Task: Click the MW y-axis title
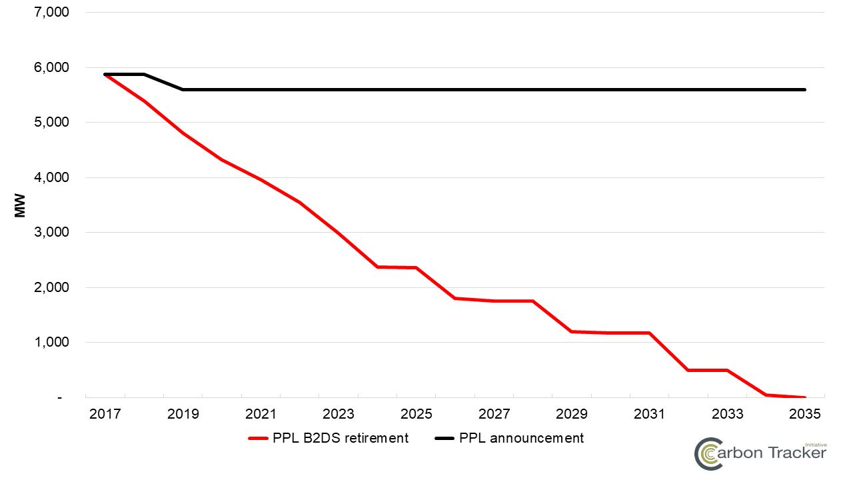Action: click(20, 205)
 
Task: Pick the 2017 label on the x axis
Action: click(105, 414)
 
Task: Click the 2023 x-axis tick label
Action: click(339, 414)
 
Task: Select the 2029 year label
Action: click(572, 414)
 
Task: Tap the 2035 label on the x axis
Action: click(805, 414)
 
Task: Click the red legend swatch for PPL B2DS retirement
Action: click(258, 439)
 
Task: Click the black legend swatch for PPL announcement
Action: click(444, 439)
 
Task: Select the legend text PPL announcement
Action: click(521, 438)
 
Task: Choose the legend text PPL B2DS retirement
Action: click(340, 438)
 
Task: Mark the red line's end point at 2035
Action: click(805, 397)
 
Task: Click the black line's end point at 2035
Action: click(805, 89)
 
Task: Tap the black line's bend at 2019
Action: click(183, 89)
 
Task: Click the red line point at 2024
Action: click(377, 267)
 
